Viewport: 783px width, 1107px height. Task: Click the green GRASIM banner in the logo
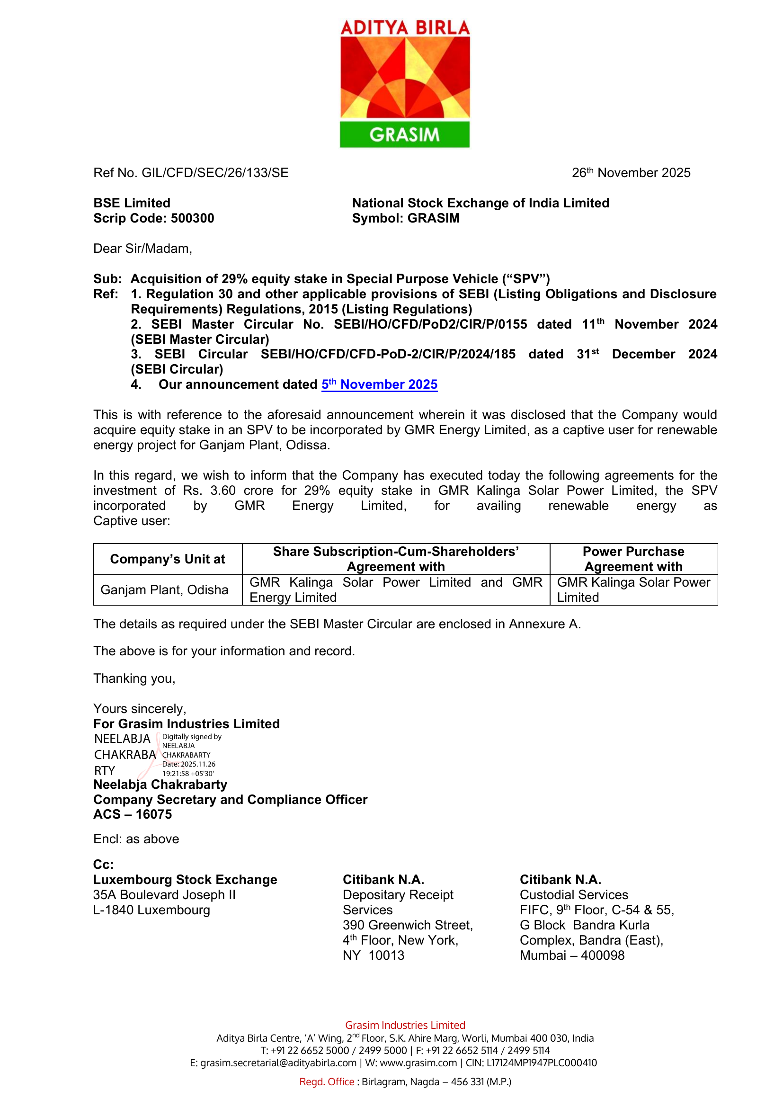pyautogui.click(x=404, y=134)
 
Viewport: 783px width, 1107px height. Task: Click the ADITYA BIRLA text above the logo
pyautogui.click(x=404, y=27)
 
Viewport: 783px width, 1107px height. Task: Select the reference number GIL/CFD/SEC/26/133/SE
pyautogui.click(x=215, y=173)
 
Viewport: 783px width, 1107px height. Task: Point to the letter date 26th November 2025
pyautogui.click(x=631, y=173)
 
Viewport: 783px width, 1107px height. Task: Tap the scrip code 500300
pyautogui.click(x=192, y=218)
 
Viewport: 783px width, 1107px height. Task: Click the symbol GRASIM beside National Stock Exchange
pyautogui.click(x=433, y=218)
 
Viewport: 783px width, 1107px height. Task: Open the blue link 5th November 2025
pyautogui.click(x=380, y=384)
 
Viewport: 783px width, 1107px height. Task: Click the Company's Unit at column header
pyautogui.click(x=167, y=559)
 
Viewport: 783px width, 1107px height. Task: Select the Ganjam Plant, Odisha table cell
pyautogui.click(x=164, y=589)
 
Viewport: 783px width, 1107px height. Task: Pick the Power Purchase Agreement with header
pyautogui.click(x=633, y=559)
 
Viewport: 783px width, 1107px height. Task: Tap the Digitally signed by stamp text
pyautogui.click(x=191, y=737)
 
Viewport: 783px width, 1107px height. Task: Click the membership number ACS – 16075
pyautogui.click(x=133, y=814)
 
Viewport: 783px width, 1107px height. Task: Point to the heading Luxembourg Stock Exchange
pyautogui.click(x=185, y=880)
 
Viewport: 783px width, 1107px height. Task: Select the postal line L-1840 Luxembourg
pyautogui.click(x=151, y=911)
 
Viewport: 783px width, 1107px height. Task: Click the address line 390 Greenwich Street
pyautogui.click(x=408, y=925)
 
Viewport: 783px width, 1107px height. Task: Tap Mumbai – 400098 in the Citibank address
pyautogui.click(x=572, y=955)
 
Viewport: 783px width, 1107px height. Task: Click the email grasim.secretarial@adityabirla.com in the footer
pyautogui.click(x=278, y=1063)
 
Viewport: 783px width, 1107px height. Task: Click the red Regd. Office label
pyautogui.click(x=327, y=1082)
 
